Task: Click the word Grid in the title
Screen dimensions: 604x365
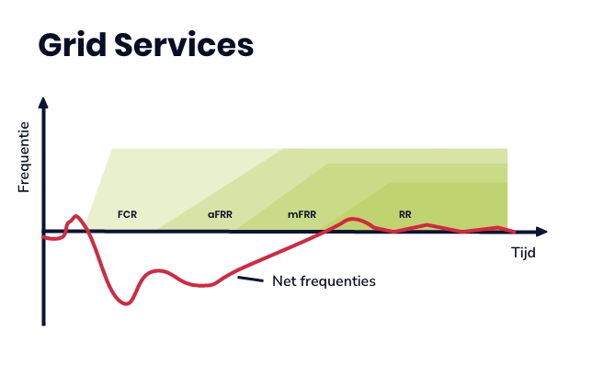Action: [x=73, y=45]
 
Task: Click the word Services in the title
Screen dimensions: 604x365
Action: [x=184, y=45]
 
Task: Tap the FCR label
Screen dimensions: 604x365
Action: [x=127, y=214]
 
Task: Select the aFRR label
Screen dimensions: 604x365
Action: [x=220, y=214]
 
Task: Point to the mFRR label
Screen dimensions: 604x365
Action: [x=302, y=214]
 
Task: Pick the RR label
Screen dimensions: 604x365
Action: [x=405, y=214]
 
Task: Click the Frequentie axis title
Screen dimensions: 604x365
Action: [x=24, y=157]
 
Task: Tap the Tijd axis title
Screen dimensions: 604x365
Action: [x=523, y=253]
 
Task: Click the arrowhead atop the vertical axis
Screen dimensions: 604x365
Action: [x=43, y=103]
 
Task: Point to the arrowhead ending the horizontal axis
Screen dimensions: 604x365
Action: [x=541, y=232]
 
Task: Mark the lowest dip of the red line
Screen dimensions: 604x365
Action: [x=126, y=303]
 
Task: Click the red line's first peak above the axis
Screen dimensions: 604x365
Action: [x=75, y=216]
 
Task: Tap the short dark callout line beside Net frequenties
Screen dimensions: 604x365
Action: [x=250, y=279]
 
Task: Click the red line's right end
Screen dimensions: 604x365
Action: [x=515, y=232]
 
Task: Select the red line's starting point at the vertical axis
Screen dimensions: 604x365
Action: [x=43, y=237]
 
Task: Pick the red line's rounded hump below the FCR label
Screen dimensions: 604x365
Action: [x=158, y=271]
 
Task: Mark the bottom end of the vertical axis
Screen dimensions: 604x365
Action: [x=43, y=325]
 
